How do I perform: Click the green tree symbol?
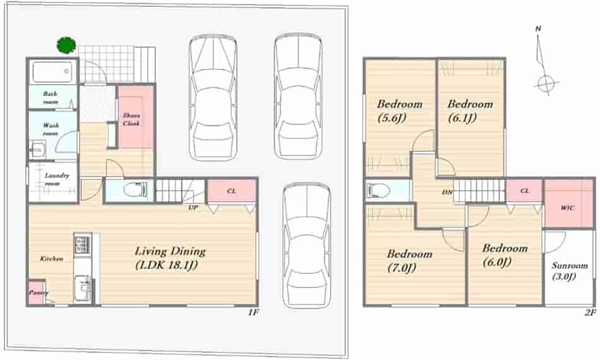[66, 45]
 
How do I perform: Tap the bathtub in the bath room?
[52, 72]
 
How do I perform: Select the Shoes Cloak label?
[131, 119]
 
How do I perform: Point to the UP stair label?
[193, 208]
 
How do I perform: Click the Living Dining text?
[171, 251]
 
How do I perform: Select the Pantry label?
[39, 292]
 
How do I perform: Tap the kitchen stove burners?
[82, 244]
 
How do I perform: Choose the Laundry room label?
[57, 179]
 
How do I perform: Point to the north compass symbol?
[544, 61]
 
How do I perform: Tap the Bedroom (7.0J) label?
[409, 261]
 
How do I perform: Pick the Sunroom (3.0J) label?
[570, 271]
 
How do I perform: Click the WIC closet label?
[567, 208]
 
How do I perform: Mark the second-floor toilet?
[378, 189]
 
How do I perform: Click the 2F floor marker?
[591, 313]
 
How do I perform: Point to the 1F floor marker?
[253, 312]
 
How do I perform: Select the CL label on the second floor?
[525, 190]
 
